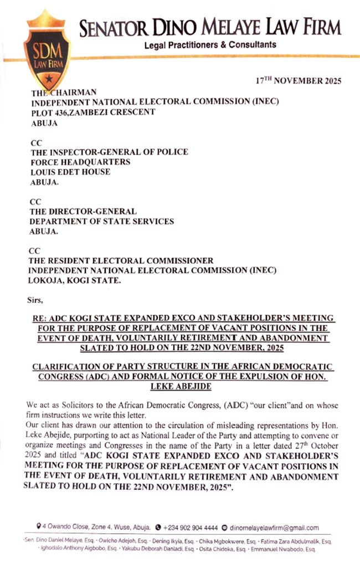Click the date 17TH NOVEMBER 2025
click(299, 81)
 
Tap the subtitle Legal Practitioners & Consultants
click(210, 44)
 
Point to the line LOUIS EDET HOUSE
click(70, 172)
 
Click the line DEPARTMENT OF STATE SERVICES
click(102, 222)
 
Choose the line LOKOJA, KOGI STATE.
click(75, 280)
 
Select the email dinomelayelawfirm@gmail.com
click(274, 528)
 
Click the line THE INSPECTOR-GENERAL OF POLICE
click(109, 152)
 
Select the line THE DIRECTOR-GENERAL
click(83, 212)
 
